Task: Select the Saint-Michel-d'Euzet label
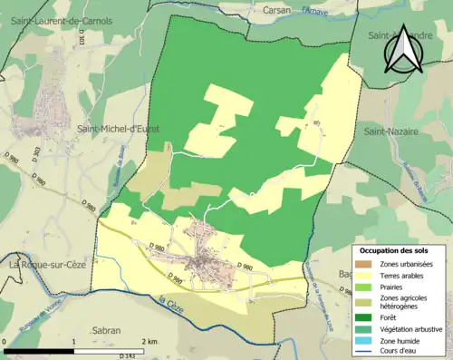coord(118,129)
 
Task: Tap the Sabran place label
coord(107,331)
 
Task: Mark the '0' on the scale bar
coord(7,341)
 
